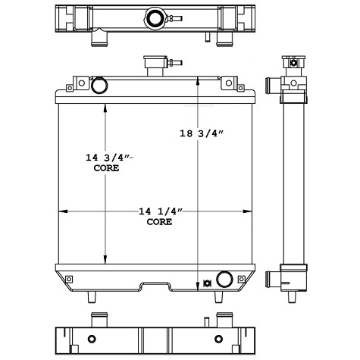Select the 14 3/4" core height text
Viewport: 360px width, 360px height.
(x=108, y=158)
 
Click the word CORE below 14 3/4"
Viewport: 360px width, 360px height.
(x=107, y=169)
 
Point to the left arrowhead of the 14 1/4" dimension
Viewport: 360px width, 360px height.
(x=61, y=211)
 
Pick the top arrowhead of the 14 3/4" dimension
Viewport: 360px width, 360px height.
(x=105, y=106)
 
